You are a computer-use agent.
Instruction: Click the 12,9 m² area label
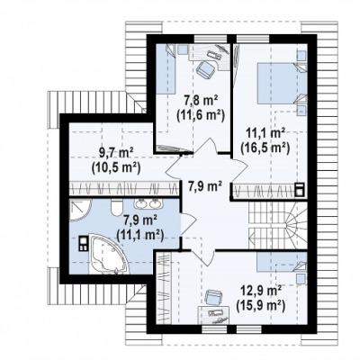(x=261, y=291)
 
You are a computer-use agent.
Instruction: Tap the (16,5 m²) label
(x=265, y=148)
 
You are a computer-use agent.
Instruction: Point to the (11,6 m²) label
(x=201, y=114)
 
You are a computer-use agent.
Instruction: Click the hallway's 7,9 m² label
(x=205, y=186)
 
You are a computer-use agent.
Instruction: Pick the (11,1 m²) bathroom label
(x=140, y=234)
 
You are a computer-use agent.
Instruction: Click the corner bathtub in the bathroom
(x=109, y=255)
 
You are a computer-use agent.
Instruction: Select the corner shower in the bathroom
(x=80, y=209)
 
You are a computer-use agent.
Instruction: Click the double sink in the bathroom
(x=148, y=203)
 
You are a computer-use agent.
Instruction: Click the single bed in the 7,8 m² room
(x=166, y=68)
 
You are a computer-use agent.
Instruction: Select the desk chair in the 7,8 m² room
(x=205, y=69)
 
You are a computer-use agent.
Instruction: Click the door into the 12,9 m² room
(x=202, y=257)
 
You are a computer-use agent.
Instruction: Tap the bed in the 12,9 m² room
(x=282, y=262)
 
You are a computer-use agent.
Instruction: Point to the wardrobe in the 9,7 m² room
(x=124, y=189)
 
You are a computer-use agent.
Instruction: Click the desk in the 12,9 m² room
(x=213, y=315)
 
